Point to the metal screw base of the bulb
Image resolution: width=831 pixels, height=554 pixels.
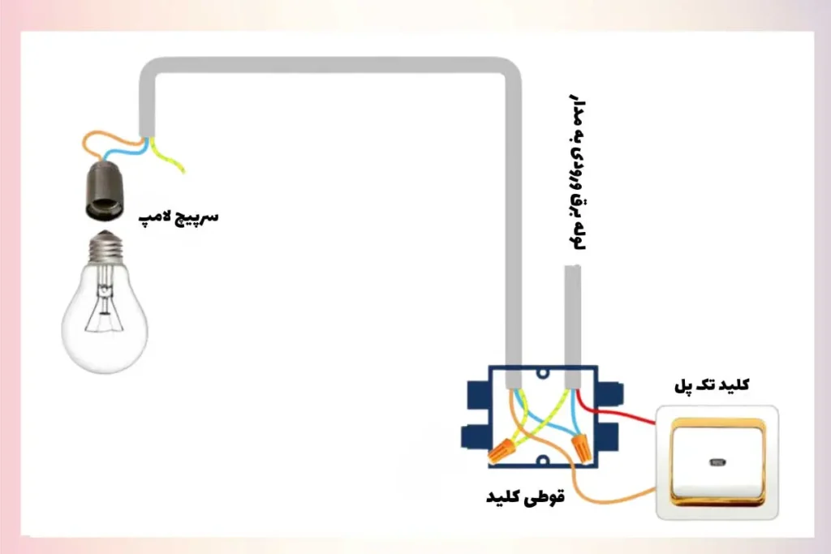[105, 247]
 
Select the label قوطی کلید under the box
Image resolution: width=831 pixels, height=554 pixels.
[524, 495]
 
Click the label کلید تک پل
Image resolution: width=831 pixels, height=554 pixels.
[711, 386]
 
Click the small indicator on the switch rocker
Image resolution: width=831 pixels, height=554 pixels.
[715, 464]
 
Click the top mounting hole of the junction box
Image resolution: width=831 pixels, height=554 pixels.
[543, 374]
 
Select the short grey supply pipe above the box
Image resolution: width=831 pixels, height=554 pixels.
[572, 316]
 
